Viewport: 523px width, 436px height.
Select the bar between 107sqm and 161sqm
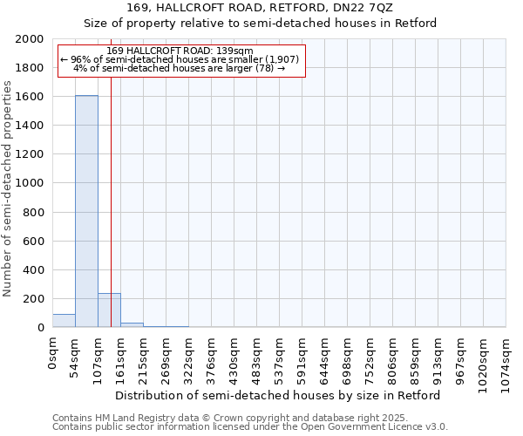click(x=109, y=310)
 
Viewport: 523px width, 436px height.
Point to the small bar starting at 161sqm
click(x=132, y=325)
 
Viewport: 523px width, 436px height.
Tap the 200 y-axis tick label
click(x=33, y=299)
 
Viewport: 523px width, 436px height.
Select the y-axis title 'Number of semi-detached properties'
click(x=8, y=188)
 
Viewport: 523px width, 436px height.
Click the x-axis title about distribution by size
click(x=278, y=395)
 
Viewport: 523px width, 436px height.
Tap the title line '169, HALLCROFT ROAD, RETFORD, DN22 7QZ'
click(x=260, y=8)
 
